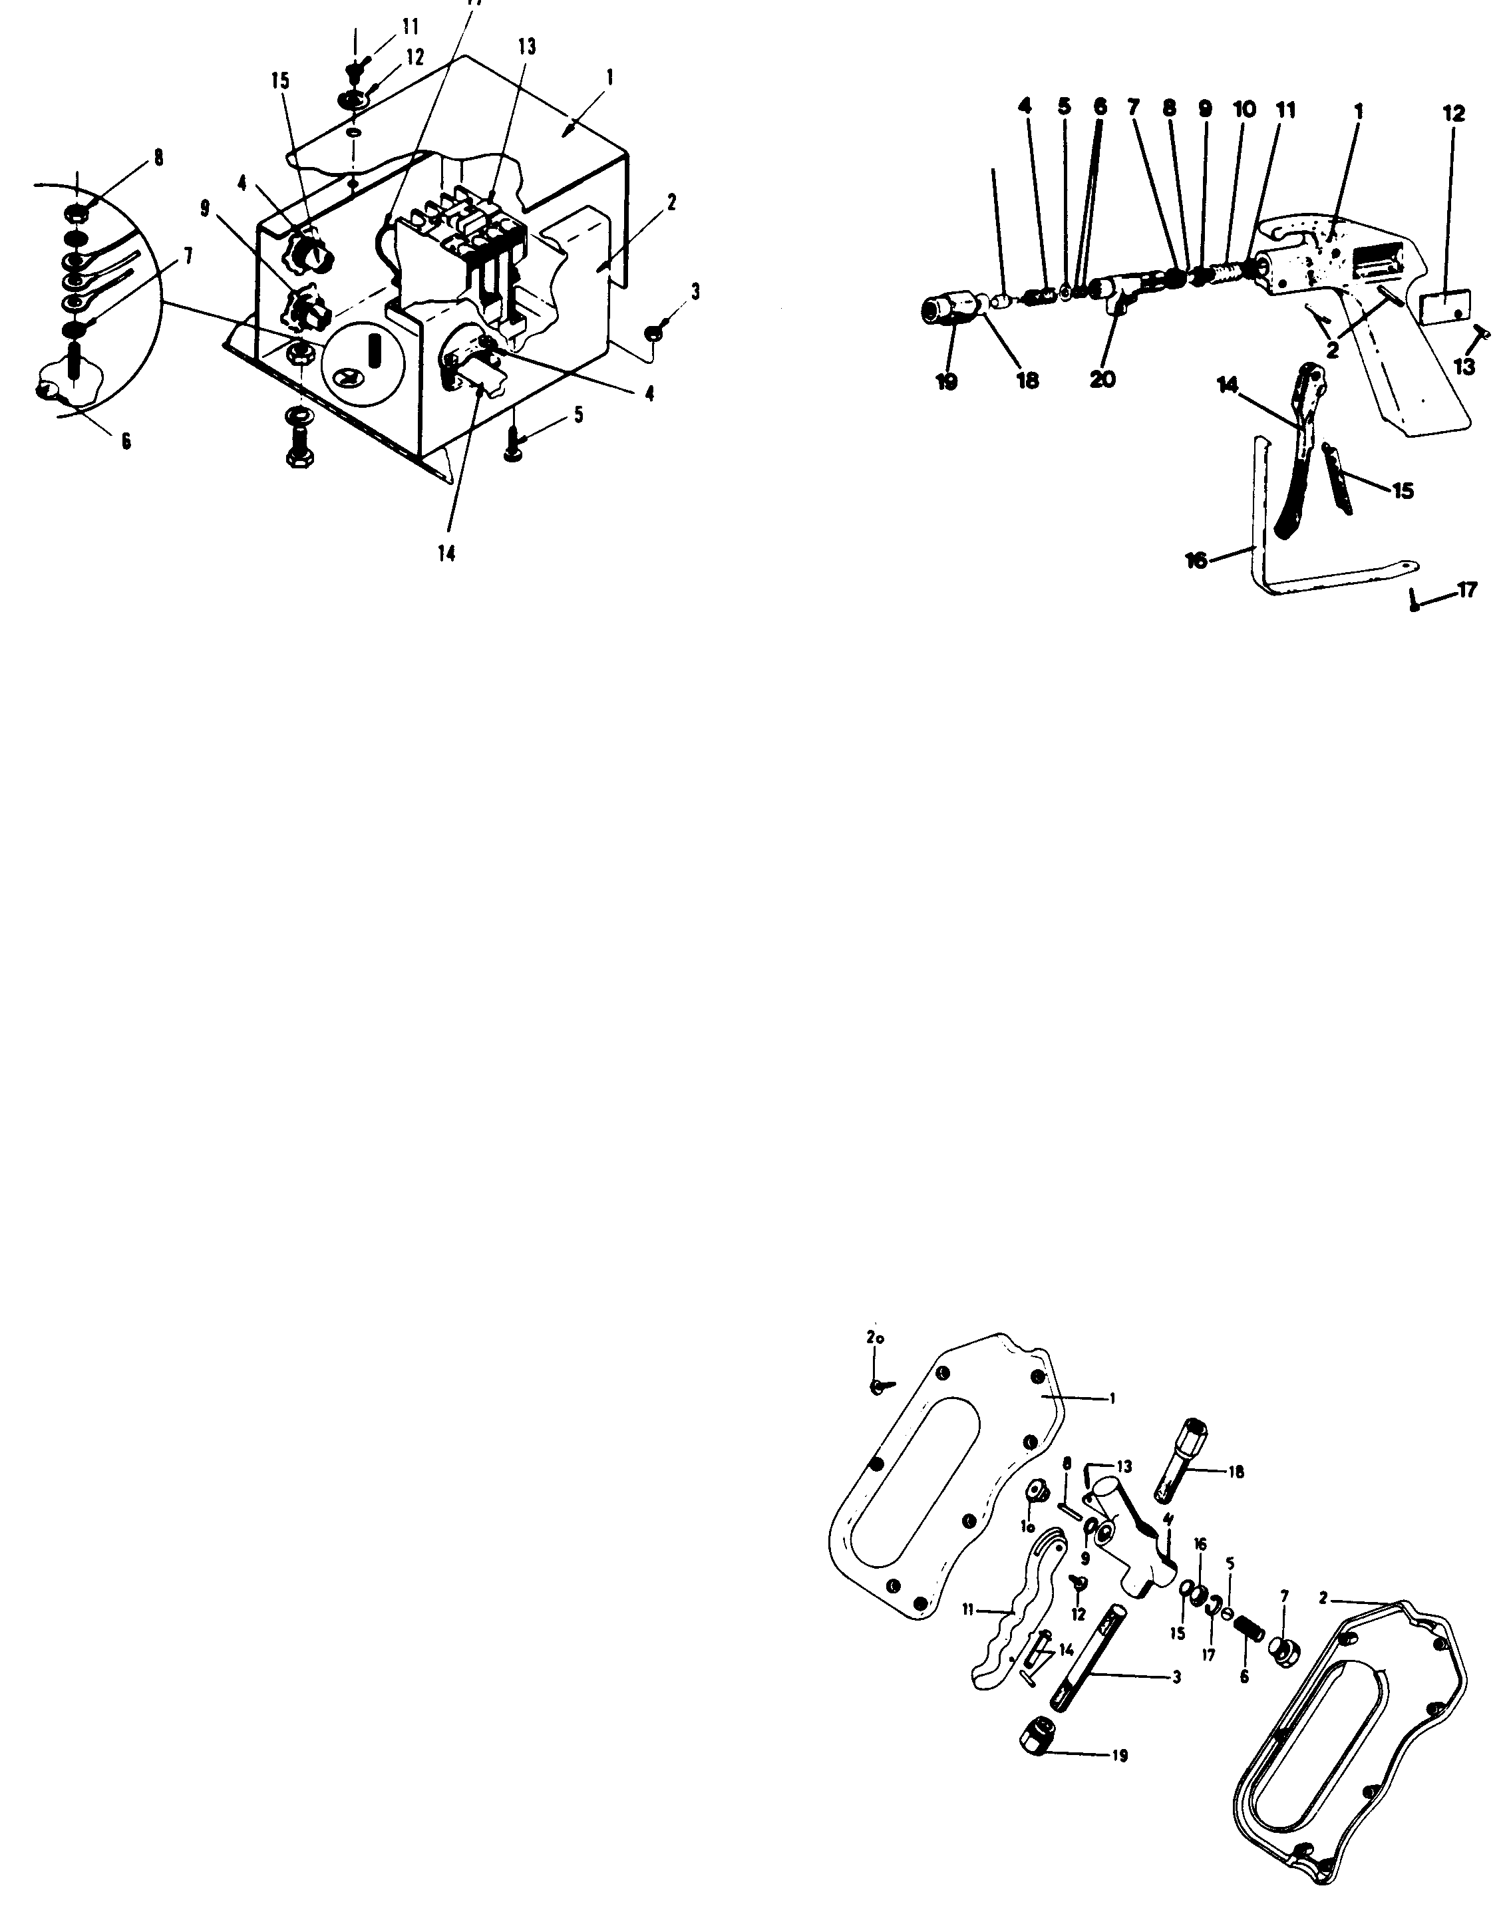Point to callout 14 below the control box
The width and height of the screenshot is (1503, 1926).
tap(447, 554)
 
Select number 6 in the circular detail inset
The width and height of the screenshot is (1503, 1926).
tap(126, 441)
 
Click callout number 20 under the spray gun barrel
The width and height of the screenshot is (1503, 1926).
tap(1102, 380)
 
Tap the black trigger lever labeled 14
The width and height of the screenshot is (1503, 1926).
tap(1297, 458)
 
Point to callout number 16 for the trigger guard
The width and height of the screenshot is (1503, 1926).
tap(1196, 560)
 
